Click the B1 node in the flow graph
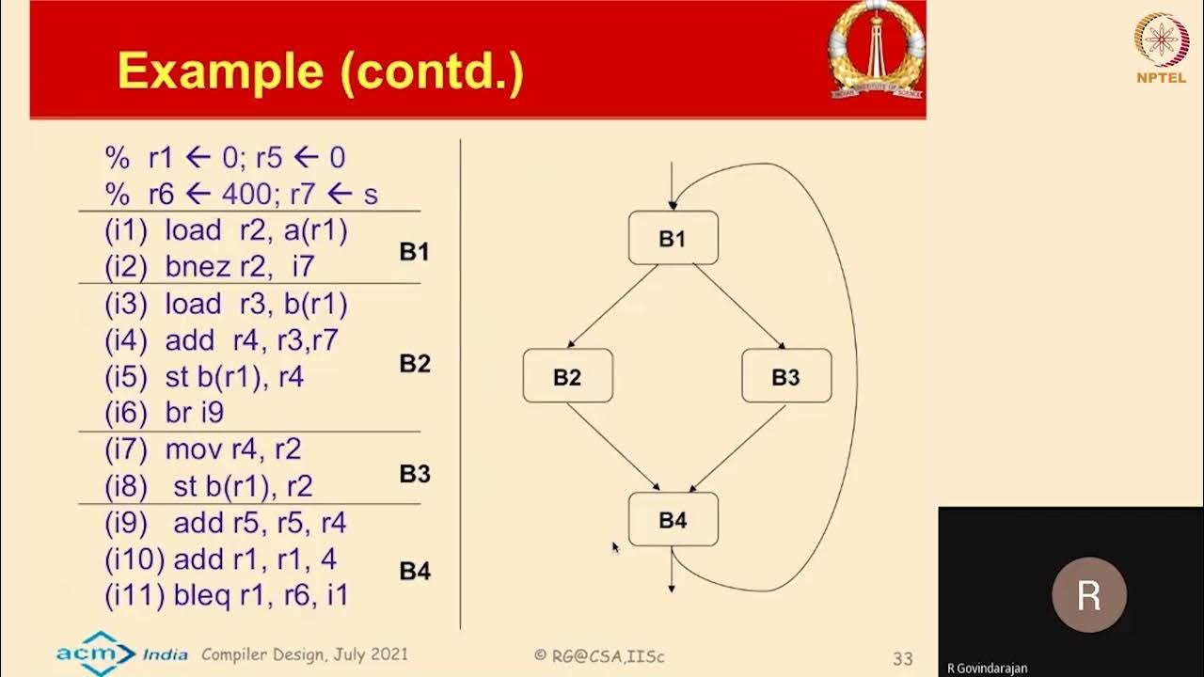(673, 238)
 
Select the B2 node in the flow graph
(567, 376)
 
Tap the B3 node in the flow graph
(785, 376)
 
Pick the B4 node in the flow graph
(673, 519)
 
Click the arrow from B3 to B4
(737, 448)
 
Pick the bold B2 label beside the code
(415, 364)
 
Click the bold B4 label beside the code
(415, 571)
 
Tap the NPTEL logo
(1161, 48)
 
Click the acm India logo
(120, 652)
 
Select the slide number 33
(903, 658)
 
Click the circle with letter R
(1089, 595)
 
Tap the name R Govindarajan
(988, 669)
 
